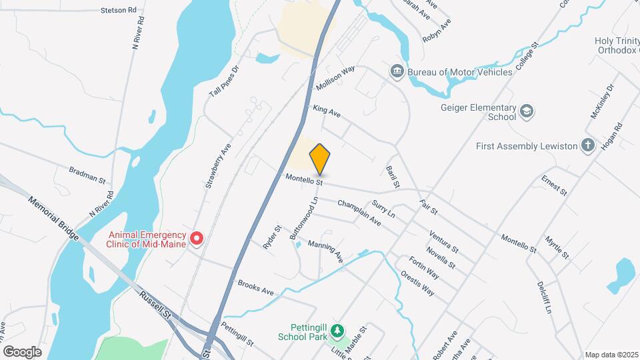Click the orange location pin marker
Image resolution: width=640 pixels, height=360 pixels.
pos(320,159)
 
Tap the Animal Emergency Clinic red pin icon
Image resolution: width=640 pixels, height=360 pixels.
pos(197,238)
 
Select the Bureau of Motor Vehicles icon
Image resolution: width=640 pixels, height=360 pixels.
pos(397,71)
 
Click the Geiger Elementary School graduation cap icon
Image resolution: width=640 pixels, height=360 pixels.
pos(527,111)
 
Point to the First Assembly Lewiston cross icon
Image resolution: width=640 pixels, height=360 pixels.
pos(587,146)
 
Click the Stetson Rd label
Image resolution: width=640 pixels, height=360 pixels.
pos(118,11)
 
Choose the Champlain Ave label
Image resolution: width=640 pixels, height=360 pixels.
pos(359,212)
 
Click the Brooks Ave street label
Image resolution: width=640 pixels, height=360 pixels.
pos(256,288)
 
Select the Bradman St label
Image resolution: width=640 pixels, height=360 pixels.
pos(87,175)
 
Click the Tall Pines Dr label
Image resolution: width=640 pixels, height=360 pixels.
pos(224,81)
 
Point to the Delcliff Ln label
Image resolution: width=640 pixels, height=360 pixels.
pos(544,297)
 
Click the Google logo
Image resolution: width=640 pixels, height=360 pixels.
pos(22,351)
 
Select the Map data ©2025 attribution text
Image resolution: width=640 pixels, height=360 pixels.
pos(611,355)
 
